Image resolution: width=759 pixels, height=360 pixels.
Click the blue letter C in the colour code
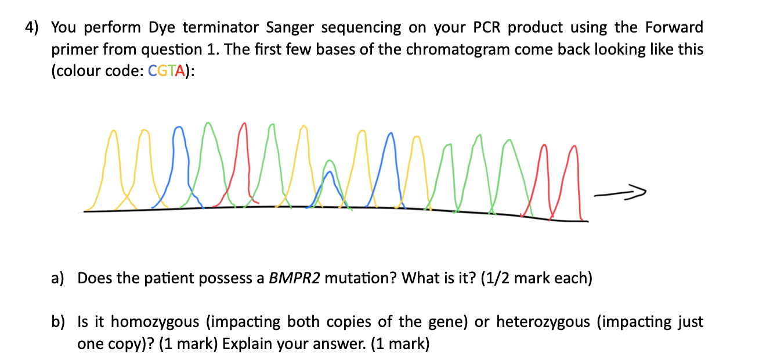click(153, 71)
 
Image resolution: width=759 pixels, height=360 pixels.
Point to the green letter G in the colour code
click(162, 71)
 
